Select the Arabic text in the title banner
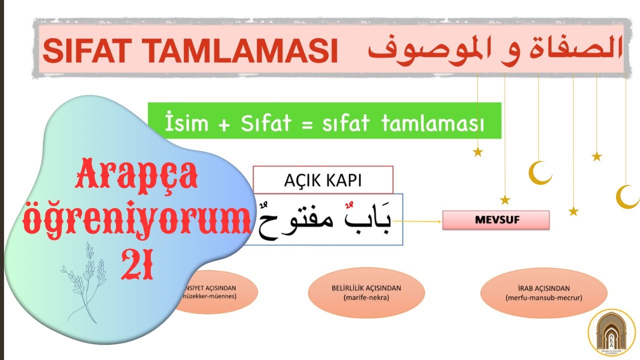tap(495, 48)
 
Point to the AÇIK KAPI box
tap(323, 180)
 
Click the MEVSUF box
tap(495, 220)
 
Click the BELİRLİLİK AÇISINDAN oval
tap(366, 292)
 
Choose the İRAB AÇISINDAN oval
tap(543, 292)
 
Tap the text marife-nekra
tap(366, 298)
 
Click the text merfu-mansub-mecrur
tap(543, 298)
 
